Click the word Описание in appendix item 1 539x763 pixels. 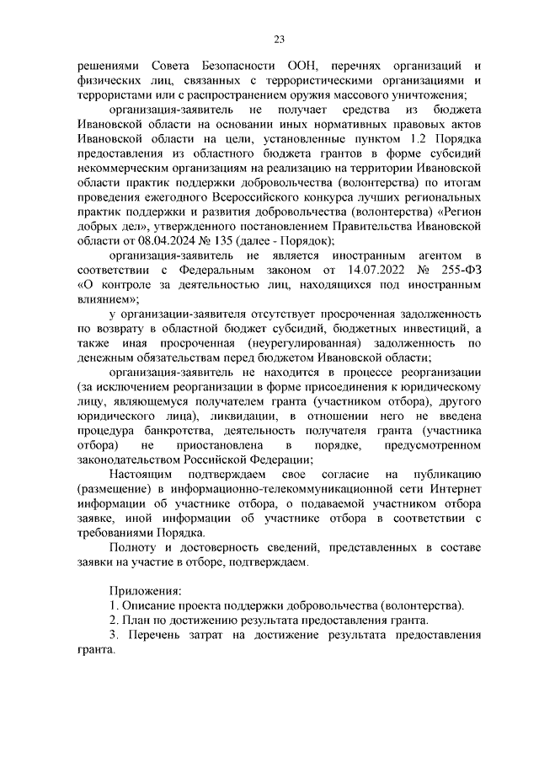(x=150, y=605)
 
